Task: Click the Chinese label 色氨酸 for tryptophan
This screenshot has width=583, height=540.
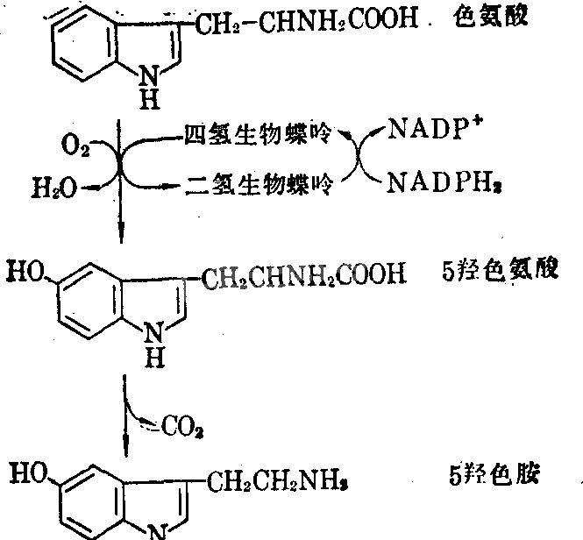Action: (x=490, y=18)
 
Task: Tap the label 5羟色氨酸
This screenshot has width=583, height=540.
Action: (x=500, y=269)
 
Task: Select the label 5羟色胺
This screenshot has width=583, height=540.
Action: (x=494, y=474)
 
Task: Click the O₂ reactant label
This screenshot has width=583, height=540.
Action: (x=75, y=146)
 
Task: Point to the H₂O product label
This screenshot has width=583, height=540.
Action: (x=54, y=188)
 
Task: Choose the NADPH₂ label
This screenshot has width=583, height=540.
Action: (x=444, y=183)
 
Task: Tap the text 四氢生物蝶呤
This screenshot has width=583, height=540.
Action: (x=258, y=133)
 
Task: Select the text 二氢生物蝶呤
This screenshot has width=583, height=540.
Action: (x=260, y=184)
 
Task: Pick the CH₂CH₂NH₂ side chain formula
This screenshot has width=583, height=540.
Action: (x=277, y=481)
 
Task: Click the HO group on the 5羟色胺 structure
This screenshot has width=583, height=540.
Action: (x=29, y=473)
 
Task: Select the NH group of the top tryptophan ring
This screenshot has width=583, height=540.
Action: (x=149, y=88)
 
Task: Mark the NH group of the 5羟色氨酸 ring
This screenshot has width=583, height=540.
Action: (x=154, y=345)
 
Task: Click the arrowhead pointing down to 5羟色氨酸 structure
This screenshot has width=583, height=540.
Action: (x=121, y=233)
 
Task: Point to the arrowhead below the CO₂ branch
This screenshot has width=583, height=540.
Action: (x=125, y=445)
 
